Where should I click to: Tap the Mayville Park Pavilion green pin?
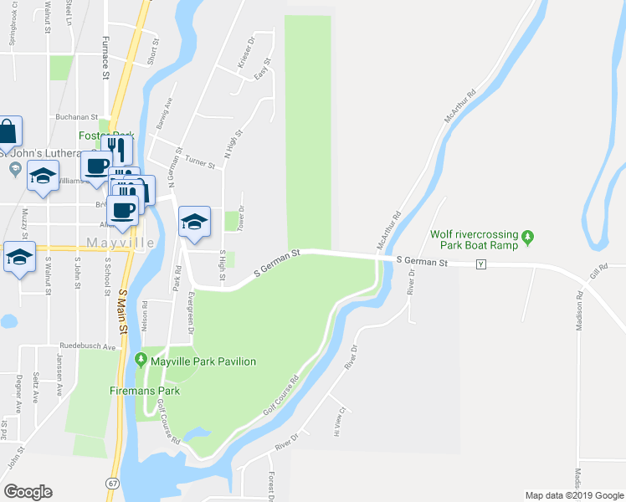(x=141, y=361)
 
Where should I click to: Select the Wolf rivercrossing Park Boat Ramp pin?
(x=527, y=239)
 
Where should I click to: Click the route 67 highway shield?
(x=111, y=483)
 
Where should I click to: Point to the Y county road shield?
(x=480, y=264)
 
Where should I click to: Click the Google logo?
(x=28, y=491)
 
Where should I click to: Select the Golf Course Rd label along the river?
(x=280, y=396)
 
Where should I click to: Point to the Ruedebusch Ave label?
(x=87, y=346)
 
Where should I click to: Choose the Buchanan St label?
(x=77, y=118)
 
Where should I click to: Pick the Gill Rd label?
(x=598, y=269)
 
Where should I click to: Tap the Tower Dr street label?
(x=241, y=219)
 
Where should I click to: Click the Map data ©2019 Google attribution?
(x=573, y=495)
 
